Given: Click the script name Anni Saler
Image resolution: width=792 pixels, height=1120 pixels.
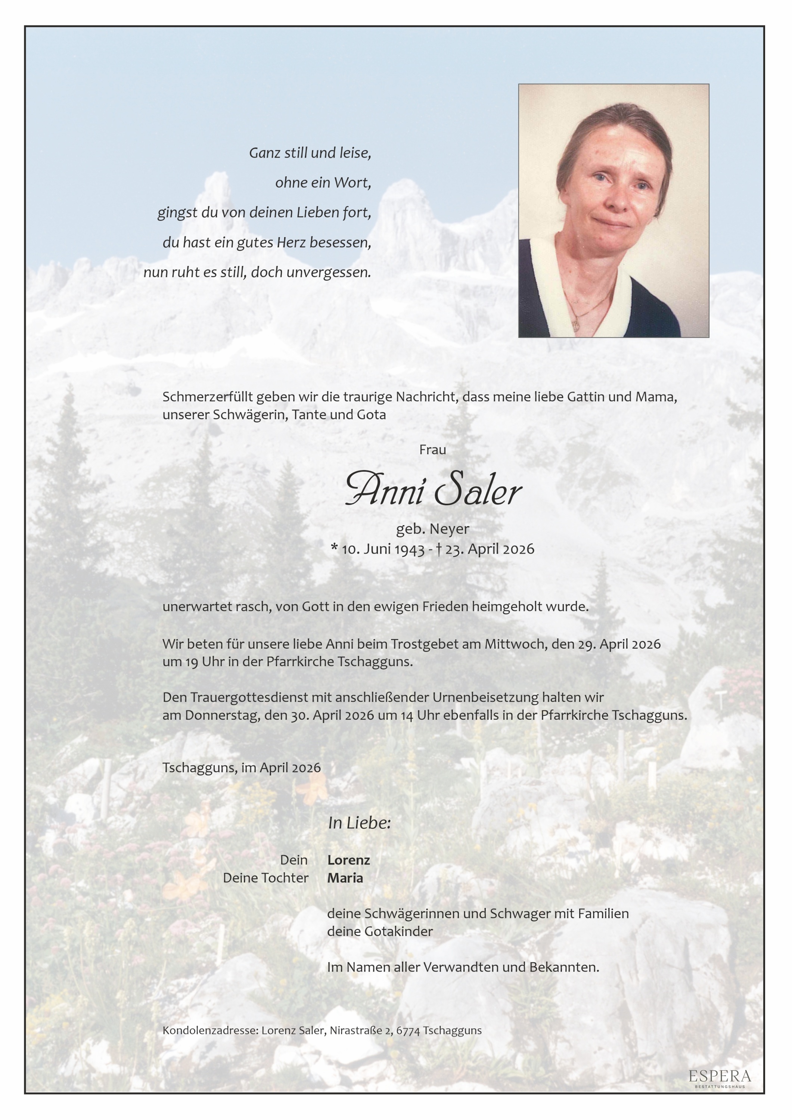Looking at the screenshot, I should (433, 490).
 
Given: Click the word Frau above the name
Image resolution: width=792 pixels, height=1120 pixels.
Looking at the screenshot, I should (432, 450).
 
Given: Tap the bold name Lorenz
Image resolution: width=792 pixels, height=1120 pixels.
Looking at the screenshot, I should (349, 860).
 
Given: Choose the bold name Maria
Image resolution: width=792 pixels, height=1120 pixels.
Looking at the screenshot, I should (345, 878).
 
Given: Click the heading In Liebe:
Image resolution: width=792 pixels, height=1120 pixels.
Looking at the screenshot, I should (360, 823).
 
